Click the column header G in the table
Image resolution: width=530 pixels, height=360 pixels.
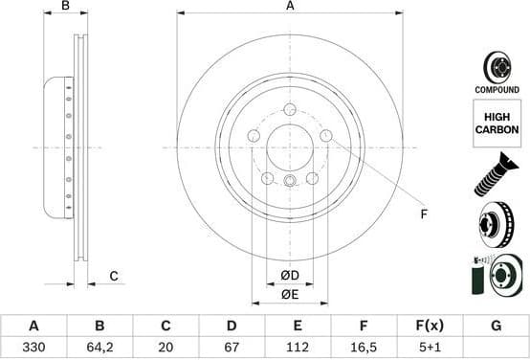pyautogui.click(x=496, y=326)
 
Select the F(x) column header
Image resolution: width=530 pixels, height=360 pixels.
pyautogui.click(x=430, y=326)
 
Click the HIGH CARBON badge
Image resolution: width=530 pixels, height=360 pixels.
pyautogui.click(x=497, y=122)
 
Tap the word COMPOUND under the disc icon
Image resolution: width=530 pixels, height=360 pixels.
pyautogui.click(x=497, y=89)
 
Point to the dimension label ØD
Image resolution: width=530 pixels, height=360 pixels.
pyautogui.click(x=290, y=277)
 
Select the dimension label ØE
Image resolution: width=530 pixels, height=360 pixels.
pyautogui.click(x=290, y=295)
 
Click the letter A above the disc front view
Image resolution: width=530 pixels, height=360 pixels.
pyautogui.click(x=290, y=7)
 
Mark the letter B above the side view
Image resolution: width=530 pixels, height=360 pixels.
pyautogui.click(x=65, y=7)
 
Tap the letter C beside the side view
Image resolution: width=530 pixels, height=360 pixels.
pyautogui.click(x=113, y=277)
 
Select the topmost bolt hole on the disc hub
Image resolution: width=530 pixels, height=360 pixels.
pyautogui.click(x=290, y=111)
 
